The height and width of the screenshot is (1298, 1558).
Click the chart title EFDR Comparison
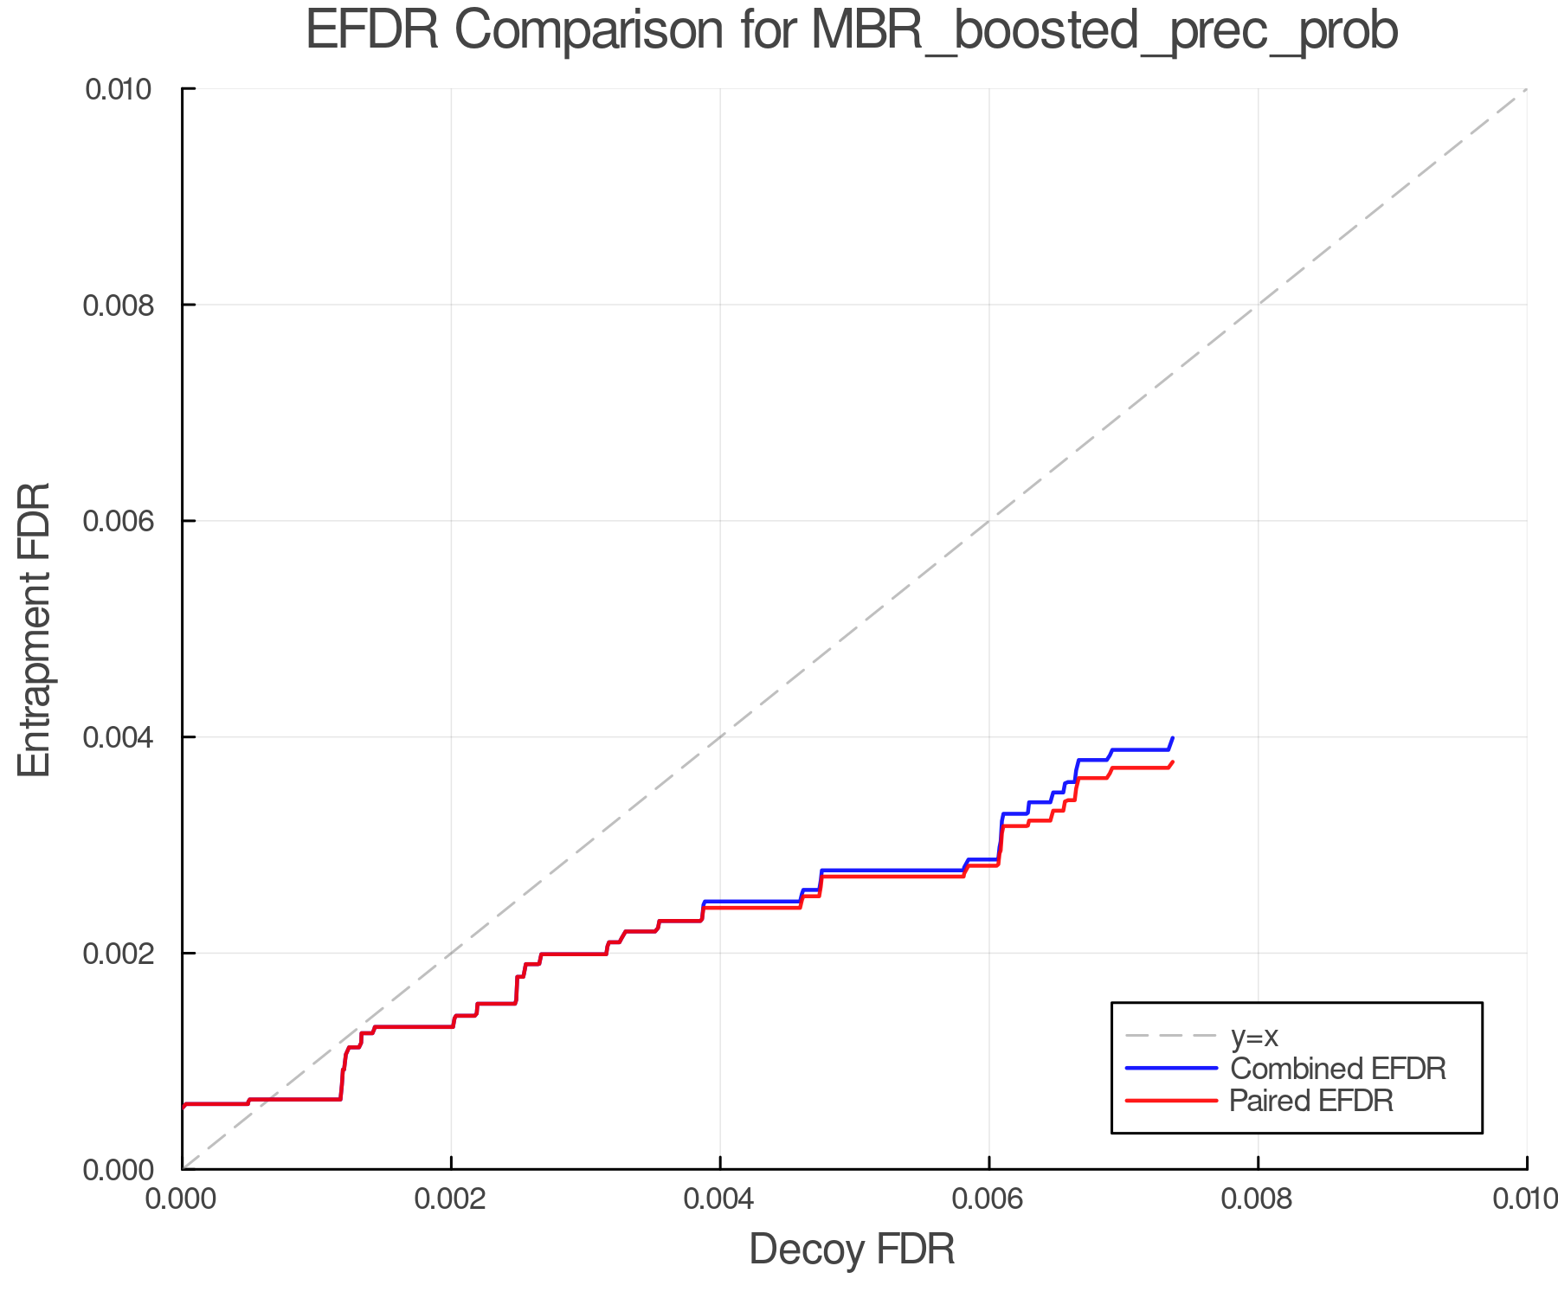point(852,31)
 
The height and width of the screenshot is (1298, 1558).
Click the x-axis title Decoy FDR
point(852,1249)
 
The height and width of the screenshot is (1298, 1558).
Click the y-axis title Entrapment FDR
point(35,629)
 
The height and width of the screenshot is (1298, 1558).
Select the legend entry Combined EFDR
point(1337,1069)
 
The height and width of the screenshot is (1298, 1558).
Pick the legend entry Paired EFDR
point(1310,1101)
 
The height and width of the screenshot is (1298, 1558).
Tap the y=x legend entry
point(1254,1036)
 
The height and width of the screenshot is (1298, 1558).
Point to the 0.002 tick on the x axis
point(451,1198)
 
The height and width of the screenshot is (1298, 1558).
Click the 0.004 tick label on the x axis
point(720,1198)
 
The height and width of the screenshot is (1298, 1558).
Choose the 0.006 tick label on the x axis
point(988,1198)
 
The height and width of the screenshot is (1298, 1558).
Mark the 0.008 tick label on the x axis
point(1258,1198)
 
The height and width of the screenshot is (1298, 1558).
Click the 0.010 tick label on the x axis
point(1525,1198)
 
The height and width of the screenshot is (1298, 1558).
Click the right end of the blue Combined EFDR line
point(1172,738)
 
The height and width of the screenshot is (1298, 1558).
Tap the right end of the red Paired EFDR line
point(1172,762)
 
